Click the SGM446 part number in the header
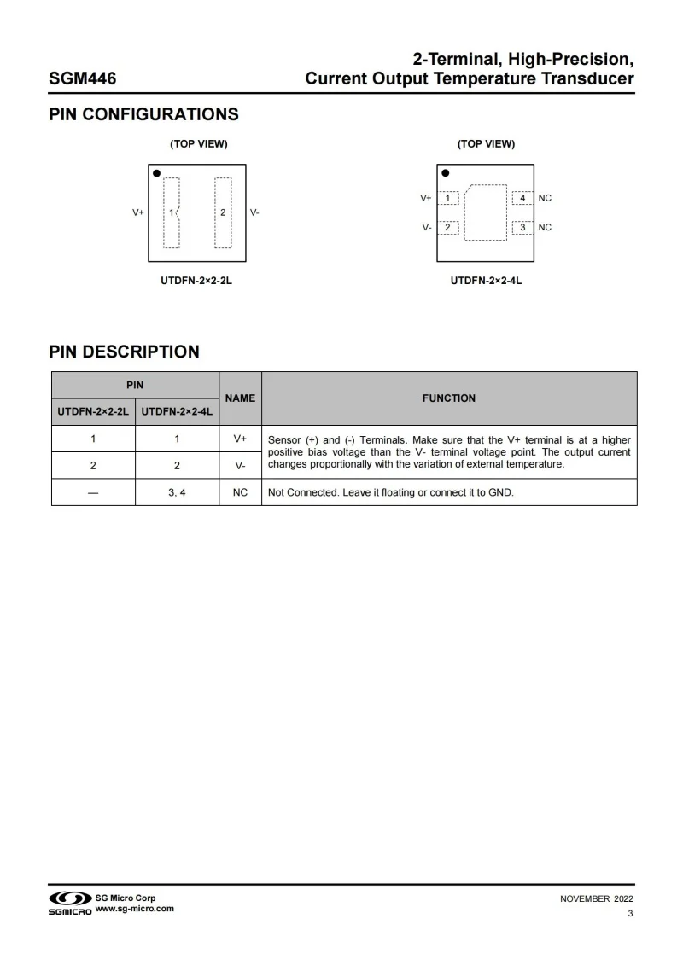click(x=83, y=79)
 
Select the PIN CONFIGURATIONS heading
click(x=143, y=114)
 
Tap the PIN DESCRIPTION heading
click(x=124, y=352)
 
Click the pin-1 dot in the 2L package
click(x=157, y=173)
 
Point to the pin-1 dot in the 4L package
click(x=445, y=173)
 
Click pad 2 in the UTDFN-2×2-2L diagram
click(x=223, y=212)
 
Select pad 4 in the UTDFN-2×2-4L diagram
click(x=522, y=198)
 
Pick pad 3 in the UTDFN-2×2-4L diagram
click(x=522, y=227)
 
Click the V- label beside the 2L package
click(x=254, y=212)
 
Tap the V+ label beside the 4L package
click(x=425, y=198)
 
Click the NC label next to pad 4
click(x=545, y=198)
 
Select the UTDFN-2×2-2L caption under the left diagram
click(x=196, y=280)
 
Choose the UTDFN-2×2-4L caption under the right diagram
click(x=486, y=280)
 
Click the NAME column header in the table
click(x=240, y=398)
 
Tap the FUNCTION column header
click(x=449, y=398)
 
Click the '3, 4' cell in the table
click(x=177, y=492)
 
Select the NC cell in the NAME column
click(x=240, y=492)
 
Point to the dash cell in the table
click(x=93, y=492)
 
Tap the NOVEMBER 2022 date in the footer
click(x=596, y=898)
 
